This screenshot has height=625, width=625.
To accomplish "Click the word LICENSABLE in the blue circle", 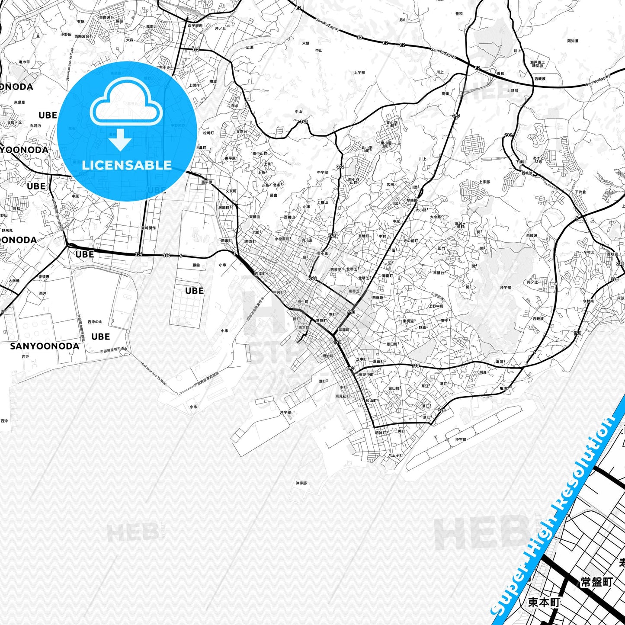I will [x=127, y=165].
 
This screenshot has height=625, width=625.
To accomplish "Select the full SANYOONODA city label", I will [x=45, y=346].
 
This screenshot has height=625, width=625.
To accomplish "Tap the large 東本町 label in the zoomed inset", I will [x=544, y=602].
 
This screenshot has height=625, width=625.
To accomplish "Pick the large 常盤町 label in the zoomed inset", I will [x=596, y=582].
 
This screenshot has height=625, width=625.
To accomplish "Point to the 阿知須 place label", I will [x=573, y=41].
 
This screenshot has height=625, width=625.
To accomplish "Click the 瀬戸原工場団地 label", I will [x=537, y=64].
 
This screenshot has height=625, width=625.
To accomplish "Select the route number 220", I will [x=441, y=410].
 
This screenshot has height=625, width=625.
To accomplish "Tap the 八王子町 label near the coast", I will [x=395, y=455].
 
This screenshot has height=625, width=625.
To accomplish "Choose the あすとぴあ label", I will [x=538, y=159].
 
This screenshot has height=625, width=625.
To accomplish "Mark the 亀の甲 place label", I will [x=24, y=62].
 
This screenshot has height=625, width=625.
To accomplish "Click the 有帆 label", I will [x=81, y=21].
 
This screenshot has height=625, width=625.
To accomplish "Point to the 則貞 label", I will [x=483, y=372].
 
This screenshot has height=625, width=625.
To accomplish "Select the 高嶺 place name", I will [x=445, y=93].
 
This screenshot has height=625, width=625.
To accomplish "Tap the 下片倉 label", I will [x=580, y=192].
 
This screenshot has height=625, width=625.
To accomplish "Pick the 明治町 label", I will [x=327, y=356].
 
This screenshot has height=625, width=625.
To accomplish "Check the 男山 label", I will [x=403, y=20].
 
